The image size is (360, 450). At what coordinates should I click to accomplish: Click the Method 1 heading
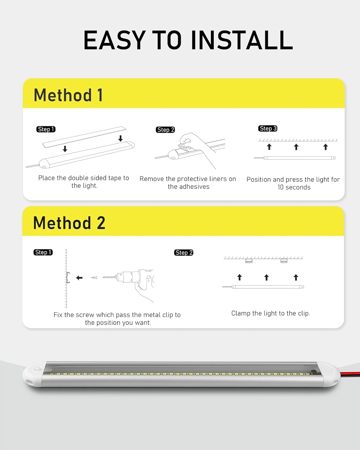(68, 95)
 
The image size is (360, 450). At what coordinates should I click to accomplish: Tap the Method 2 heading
(69, 223)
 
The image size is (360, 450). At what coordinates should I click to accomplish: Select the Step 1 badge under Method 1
(46, 129)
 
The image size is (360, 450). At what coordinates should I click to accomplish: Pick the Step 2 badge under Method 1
(165, 130)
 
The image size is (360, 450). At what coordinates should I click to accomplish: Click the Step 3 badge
(268, 128)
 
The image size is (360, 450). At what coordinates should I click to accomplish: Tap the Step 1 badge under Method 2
(43, 252)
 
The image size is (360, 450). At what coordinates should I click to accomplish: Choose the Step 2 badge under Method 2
(184, 253)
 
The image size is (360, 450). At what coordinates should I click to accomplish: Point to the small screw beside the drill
(94, 277)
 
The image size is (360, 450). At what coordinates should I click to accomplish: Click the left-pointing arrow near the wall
(79, 278)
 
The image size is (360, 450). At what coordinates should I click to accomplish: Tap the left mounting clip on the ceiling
(249, 261)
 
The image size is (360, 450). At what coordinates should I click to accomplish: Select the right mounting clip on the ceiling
(284, 261)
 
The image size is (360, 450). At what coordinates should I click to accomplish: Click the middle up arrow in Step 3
(296, 147)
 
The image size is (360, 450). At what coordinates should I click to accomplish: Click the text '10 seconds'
(294, 187)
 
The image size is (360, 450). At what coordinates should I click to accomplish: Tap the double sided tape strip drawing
(84, 137)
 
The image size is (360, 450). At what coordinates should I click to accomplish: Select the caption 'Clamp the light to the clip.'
(271, 313)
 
